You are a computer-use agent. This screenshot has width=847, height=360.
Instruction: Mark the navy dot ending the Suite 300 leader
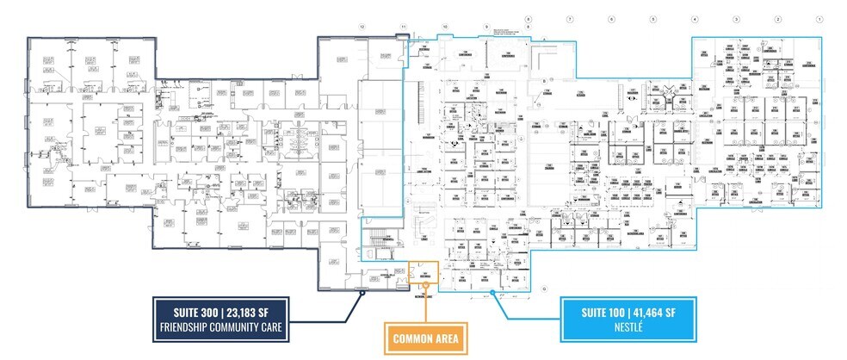pos(362,293)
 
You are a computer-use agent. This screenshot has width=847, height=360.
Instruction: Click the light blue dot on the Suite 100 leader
pos(492,294)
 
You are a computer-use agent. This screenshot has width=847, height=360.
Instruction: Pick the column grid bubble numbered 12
pos(362,28)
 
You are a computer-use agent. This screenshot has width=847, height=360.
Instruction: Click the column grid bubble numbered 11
pos(403,28)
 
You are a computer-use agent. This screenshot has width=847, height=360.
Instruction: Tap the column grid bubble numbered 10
pos(445,28)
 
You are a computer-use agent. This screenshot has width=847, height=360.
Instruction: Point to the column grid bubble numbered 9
pos(486,28)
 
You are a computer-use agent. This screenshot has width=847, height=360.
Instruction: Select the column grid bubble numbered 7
pos(569,18)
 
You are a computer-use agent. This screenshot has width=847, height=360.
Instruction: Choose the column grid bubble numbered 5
pos(652,18)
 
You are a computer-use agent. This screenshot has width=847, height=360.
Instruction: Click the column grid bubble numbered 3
pos(736,18)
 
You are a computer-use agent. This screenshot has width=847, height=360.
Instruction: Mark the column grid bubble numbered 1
pos(819,18)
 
